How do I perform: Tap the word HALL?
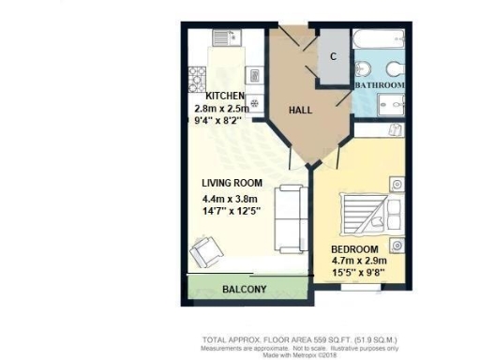pos(300,111)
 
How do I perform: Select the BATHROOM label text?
pos(379,85)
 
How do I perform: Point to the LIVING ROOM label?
pos(232,183)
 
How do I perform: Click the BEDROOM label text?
pos(355,248)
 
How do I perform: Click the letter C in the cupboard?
pos(333,56)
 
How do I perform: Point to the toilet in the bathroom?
pos(394,68)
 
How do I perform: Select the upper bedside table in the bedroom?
pos(396,184)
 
